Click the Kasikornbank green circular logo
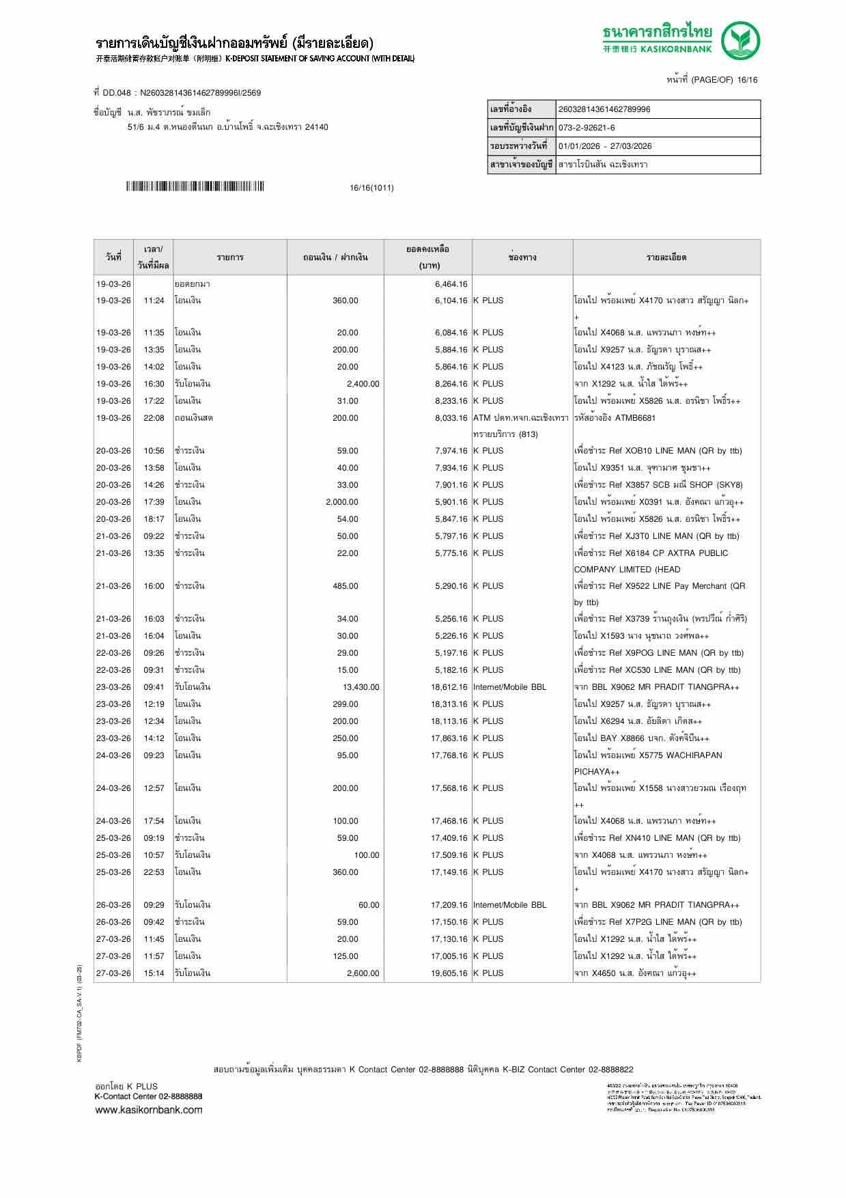pyautogui.click(x=742, y=40)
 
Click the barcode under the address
pyautogui.click(x=195, y=186)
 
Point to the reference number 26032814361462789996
pyautogui.click(x=604, y=109)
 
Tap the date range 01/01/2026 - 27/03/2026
pyautogui.click(x=605, y=146)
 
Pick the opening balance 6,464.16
pyautogui.click(x=451, y=284)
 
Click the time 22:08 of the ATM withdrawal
pyautogui.click(x=154, y=418)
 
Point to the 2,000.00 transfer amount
pyautogui.click(x=341, y=502)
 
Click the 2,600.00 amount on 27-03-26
pyautogui.click(x=363, y=973)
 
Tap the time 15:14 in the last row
pyautogui.click(x=154, y=973)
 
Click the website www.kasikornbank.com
pyautogui.click(x=148, y=1110)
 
